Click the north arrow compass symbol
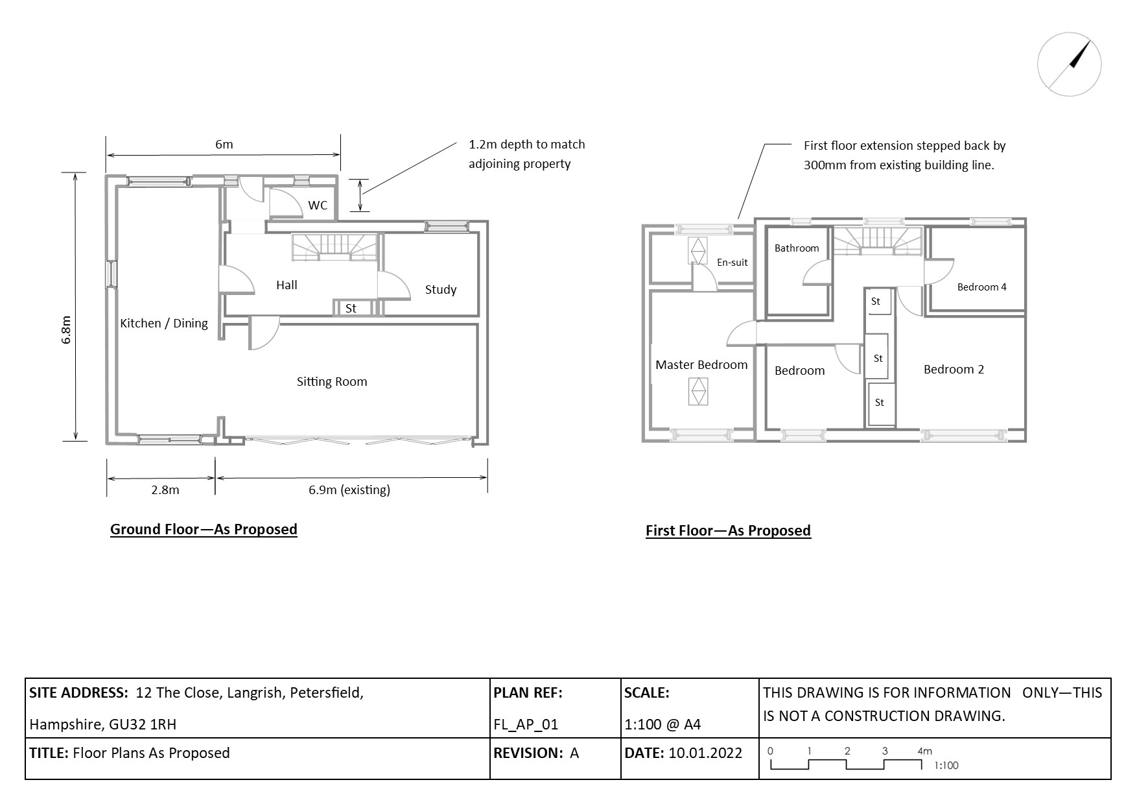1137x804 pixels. [x=1069, y=64]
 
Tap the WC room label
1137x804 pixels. [x=318, y=206]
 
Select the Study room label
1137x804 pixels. [x=441, y=290]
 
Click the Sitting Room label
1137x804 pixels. [x=332, y=382]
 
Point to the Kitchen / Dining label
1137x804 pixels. [x=164, y=324]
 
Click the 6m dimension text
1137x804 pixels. [x=224, y=145]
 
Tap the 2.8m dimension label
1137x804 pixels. [x=165, y=490]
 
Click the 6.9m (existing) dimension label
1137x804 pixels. [x=349, y=490]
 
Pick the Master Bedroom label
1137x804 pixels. [x=701, y=365]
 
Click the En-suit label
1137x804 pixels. [x=732, y=263]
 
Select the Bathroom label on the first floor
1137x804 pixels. [x=797, y=248]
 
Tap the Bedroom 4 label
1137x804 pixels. [x=981, y=287]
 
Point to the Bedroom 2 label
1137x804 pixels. [x=954, y=370]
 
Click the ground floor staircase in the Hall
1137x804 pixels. [x=334, y=247]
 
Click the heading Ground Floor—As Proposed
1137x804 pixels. [x=204, y=529]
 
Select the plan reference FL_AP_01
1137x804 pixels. [x=526, y=724]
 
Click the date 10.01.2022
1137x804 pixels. [x=705, y=753]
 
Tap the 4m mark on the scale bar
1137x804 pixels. [x=924, y=751]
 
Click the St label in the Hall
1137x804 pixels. [x=351, y=309]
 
